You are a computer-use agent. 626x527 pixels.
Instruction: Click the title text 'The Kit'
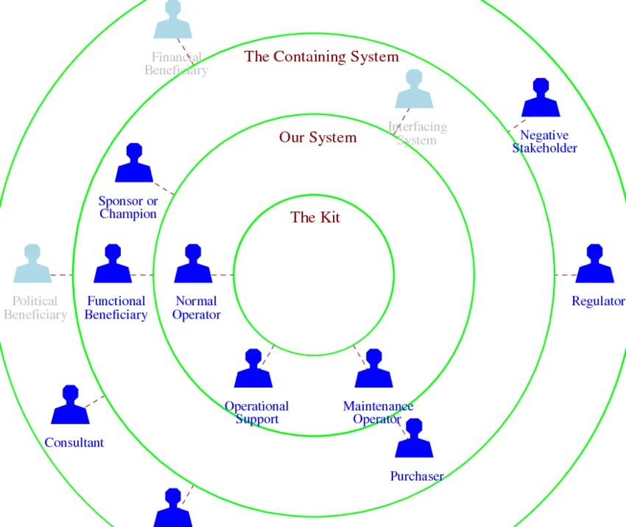click(315, 217)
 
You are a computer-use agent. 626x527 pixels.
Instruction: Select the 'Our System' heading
click(317, 138)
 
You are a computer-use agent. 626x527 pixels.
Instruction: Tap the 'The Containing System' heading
click(321, 57)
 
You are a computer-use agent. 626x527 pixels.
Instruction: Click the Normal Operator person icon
click(193, 265)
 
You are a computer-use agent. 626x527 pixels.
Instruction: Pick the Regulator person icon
click(594, 265)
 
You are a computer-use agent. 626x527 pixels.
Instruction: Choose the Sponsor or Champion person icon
click(134, 164)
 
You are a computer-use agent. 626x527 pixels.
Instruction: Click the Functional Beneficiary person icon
click(113, 265)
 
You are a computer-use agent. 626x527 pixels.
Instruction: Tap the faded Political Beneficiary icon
click(32, 265)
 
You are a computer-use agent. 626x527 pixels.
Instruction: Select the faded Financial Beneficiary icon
click(172, 20)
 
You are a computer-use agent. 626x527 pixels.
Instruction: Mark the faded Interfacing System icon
click(414, 90)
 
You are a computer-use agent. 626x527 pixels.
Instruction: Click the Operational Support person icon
click(253, 369)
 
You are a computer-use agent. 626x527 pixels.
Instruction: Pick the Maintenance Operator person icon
click(373, 369)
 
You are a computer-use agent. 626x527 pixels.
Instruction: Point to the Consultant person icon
click(70, 405)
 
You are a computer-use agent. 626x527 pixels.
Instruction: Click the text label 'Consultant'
click(74, 443)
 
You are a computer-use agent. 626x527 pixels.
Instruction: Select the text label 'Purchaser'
click(417, 476)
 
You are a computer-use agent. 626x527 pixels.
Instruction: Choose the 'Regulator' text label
click(598, 301)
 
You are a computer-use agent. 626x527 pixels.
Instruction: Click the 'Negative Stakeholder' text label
click(544, 142)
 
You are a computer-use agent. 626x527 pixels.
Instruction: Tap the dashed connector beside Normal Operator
click(222, 275)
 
